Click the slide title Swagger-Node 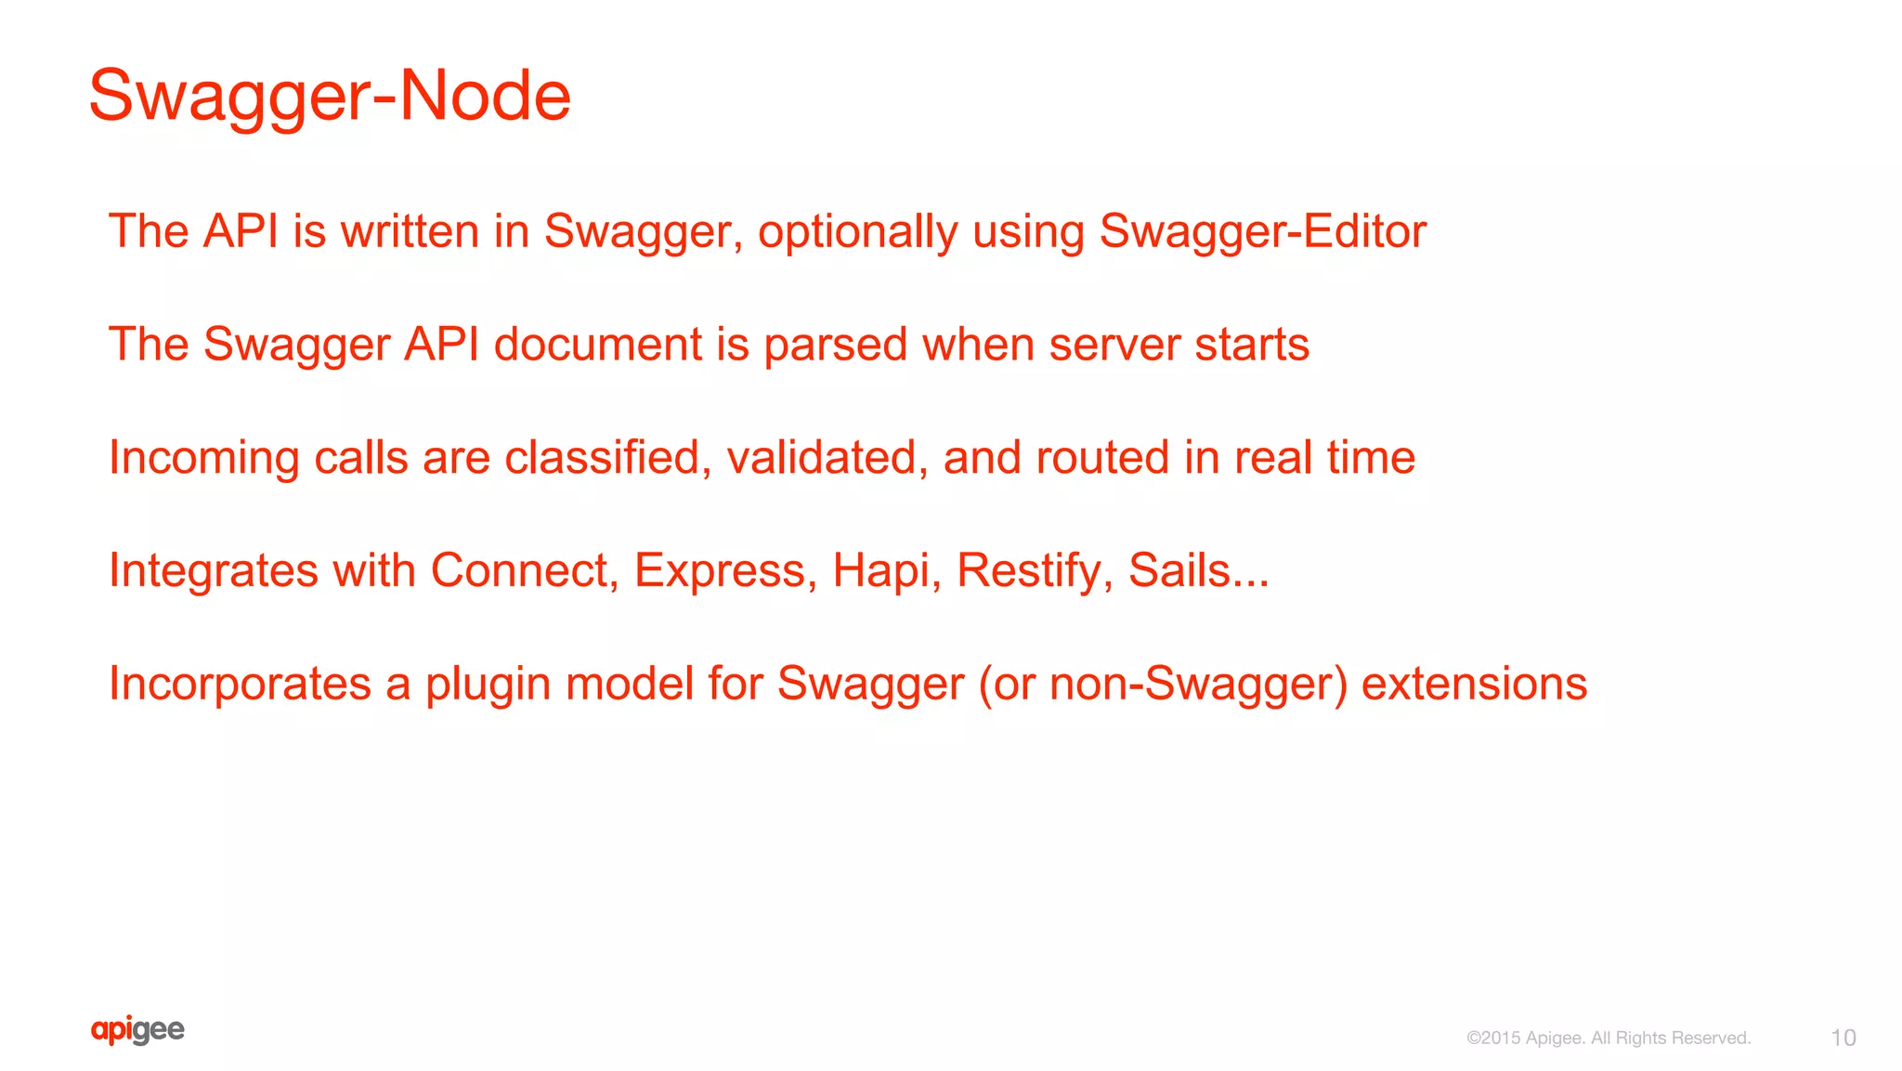tap(330, 96)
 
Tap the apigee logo tap(137, 1030)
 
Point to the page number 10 tap(1843, 1038)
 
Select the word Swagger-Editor tap(1262, 231)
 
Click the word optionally tap(857, 232)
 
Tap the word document tap(597, 345)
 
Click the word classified tap(601, 458)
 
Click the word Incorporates tap(240, 684)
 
